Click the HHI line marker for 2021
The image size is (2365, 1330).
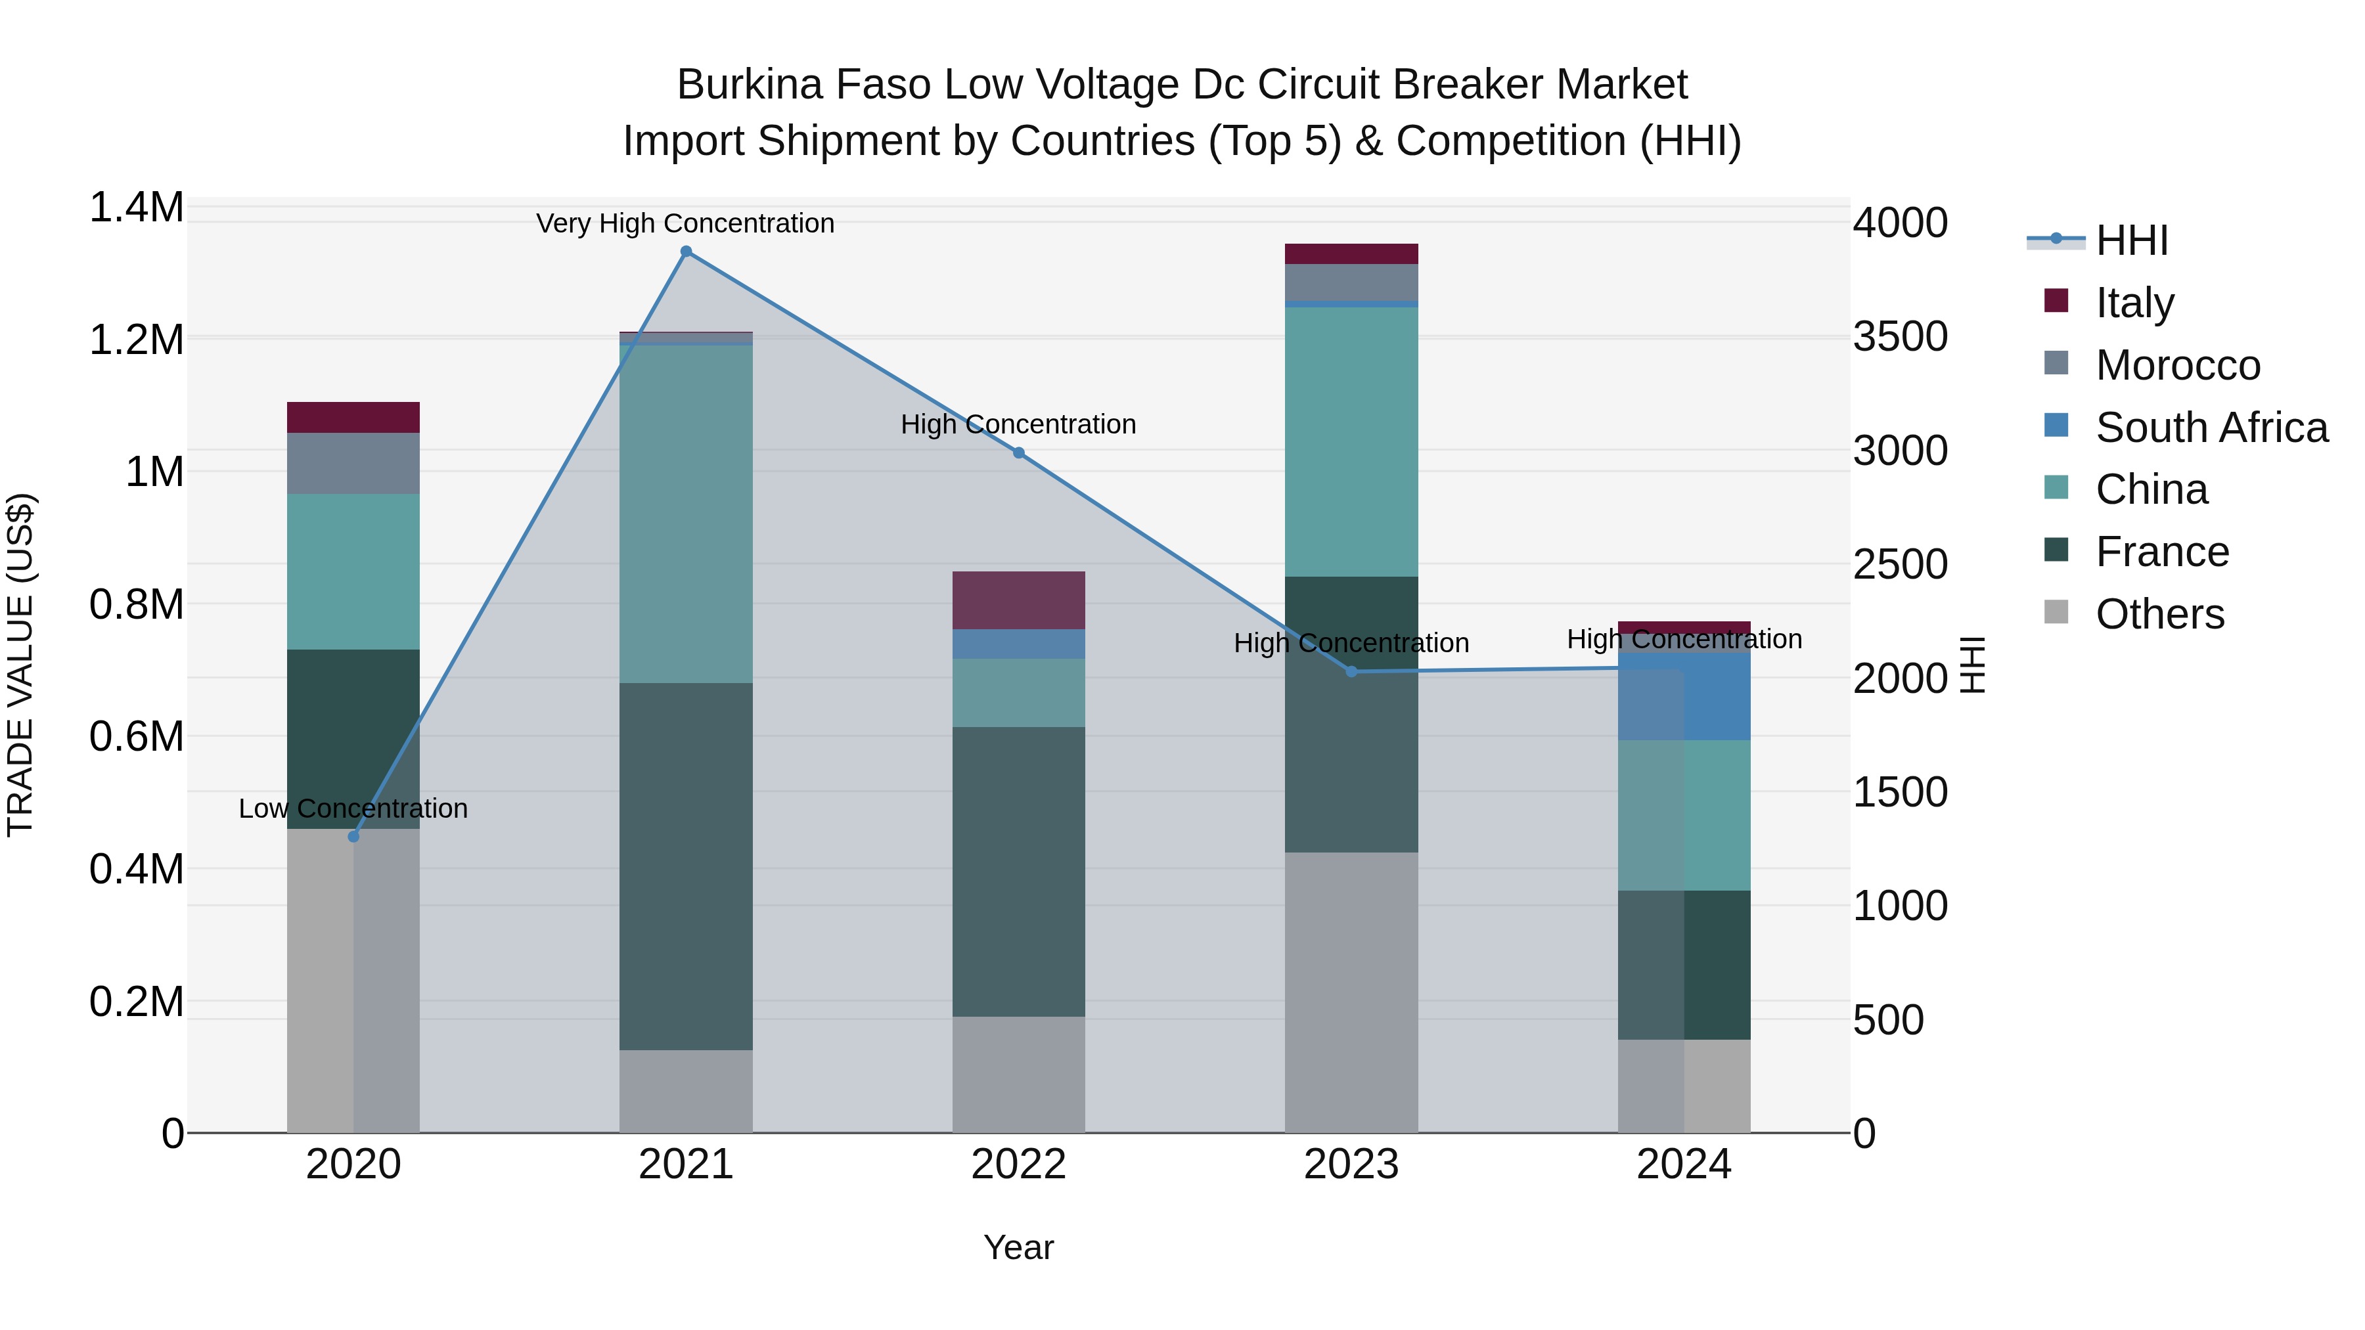tap(686, 252)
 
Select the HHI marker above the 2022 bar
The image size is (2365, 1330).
tap(1018, 453)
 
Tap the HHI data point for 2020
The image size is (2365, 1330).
tap(353, 836)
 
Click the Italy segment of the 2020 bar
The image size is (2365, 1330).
tap(353, 418)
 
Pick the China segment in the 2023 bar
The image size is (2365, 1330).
tap(1351, 441)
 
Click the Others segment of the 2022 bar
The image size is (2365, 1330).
tap(1018, 1074)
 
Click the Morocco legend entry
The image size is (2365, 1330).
tap(2177, 365)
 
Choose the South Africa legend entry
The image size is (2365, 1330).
tap(2211, 428)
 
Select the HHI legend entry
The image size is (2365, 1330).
tap(2131, 240)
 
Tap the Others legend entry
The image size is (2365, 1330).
tap(2159, 614)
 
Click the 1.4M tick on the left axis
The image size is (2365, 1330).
tap(137, 208)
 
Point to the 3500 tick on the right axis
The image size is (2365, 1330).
tap(1899, 337)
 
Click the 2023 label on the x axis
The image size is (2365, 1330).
tap(1351, 1164)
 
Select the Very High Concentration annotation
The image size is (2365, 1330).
tap(685, 223)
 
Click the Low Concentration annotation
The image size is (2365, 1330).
tap(353, 809)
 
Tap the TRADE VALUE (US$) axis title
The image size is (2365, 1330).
tap(20, 665)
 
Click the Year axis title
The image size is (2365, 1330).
tap(1018, 1247)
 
